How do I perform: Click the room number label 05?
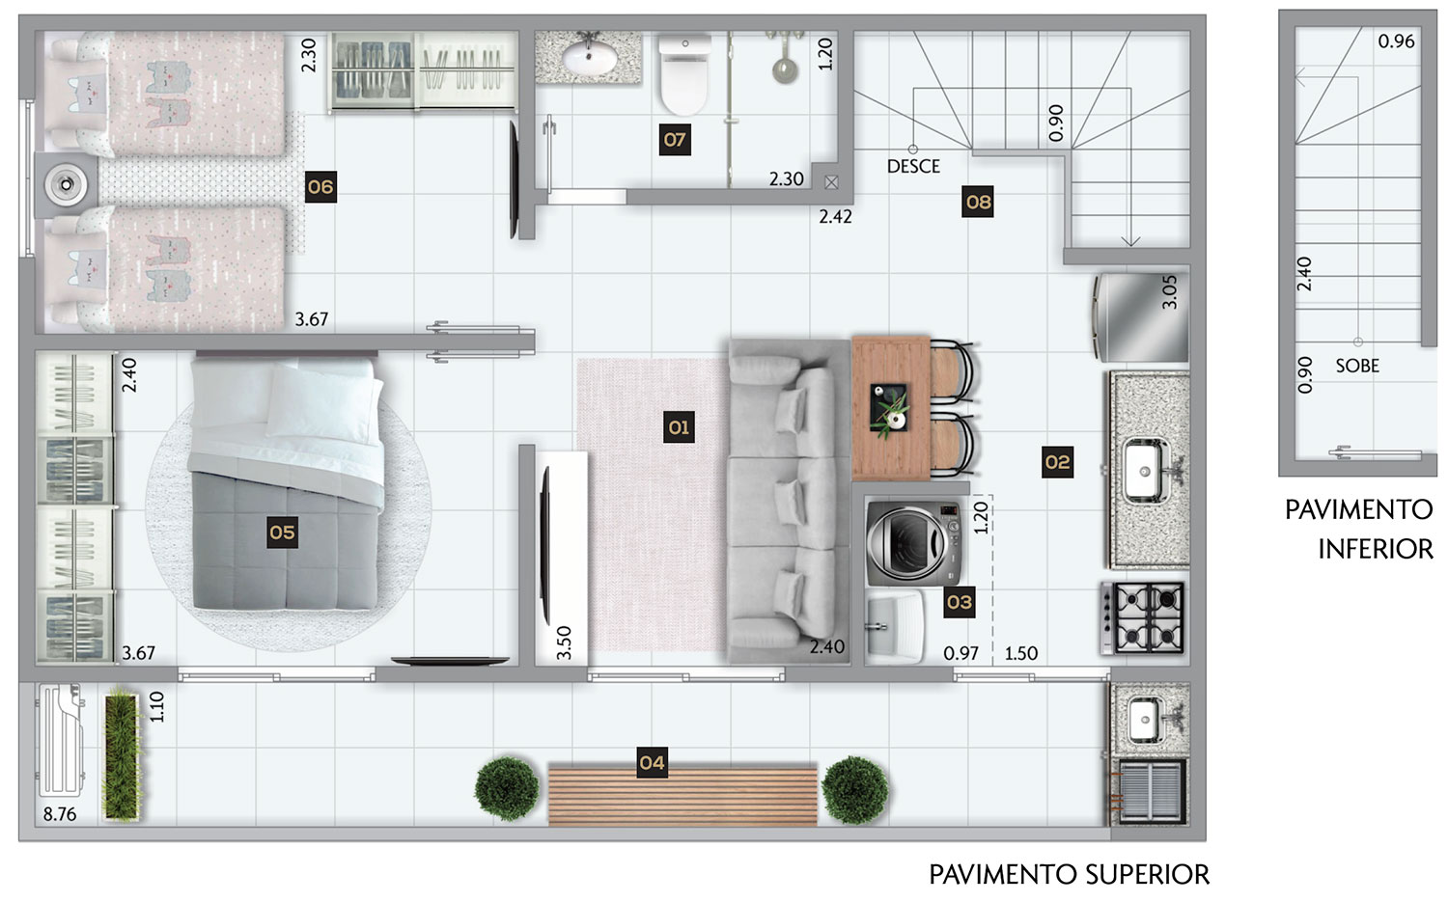[x=283, y=533]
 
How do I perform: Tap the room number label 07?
[x=675, y=140]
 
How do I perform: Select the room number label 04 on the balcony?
[x=653, y=762]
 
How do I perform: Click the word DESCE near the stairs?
[x=913, y=167]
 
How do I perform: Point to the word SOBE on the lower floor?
[x=1357, y=366]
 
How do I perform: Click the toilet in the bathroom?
[x=684, y=74]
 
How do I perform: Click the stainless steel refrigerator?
[x=1140, y=317]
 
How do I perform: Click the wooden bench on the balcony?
[x=682, y=795]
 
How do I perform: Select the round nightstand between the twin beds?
[x=67, y=185]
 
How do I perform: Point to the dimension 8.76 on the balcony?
[x=60, y=814]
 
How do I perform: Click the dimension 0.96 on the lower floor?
[x=1396, y=41]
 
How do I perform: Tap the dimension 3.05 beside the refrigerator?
[x=1169, y=292]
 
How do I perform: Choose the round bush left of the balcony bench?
[x=507, y=789]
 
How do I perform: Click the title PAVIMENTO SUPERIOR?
[x=1070, y=875]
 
